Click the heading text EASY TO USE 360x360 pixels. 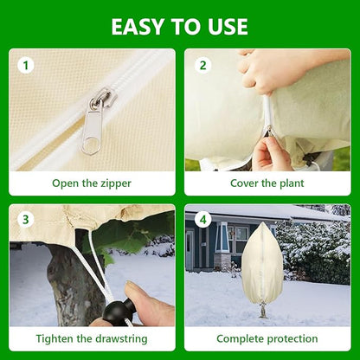179,26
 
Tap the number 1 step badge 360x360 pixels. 26,65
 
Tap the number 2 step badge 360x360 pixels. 203,65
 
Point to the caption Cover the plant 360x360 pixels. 267,183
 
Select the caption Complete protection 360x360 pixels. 267,338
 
